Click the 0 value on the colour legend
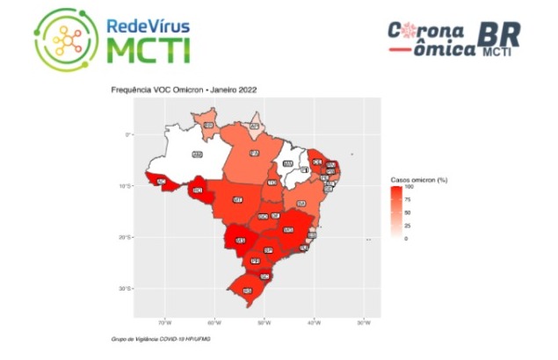406,238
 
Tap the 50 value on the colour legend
408,212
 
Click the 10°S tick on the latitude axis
126,185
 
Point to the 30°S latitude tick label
126,288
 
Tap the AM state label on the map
197,155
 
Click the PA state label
255,153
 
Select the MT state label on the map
237,199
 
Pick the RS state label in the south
247,290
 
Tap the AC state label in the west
161,182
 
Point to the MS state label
239,239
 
